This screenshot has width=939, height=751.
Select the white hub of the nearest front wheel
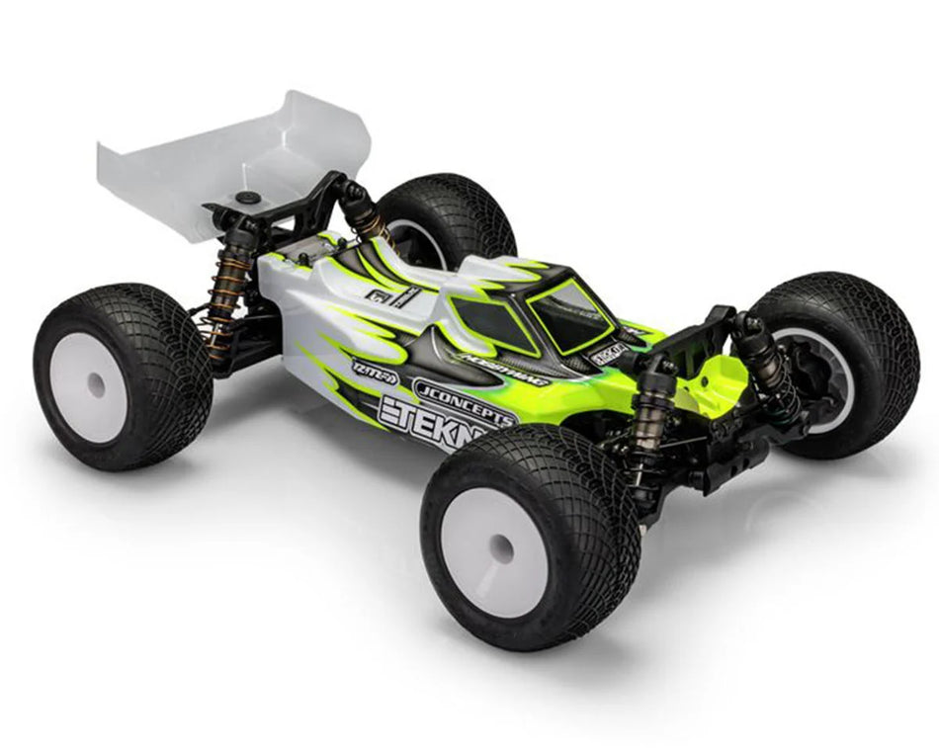click(x=502, y=548)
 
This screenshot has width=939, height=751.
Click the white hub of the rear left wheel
click(x=89, y=387)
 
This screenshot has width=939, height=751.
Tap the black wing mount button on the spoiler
click(x=245, y=199)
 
